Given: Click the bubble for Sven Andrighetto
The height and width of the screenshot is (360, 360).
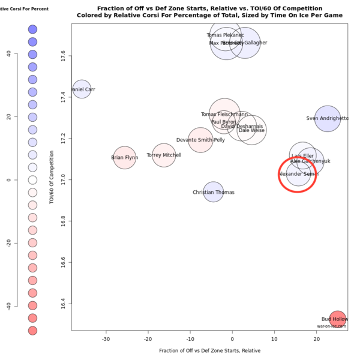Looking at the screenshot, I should [328, 119].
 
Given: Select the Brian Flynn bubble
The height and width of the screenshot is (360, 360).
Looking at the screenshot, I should [124, 158].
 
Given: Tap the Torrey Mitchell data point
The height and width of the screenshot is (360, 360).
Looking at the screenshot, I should [164, 155].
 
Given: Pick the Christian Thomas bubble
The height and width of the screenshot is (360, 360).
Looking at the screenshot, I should [213, 193].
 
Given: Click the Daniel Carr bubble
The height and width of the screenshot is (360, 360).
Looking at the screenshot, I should [82, 90].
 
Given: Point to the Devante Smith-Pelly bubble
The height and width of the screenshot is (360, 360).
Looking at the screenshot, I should [201, 140].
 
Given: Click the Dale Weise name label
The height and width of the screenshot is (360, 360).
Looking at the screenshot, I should [251, 130].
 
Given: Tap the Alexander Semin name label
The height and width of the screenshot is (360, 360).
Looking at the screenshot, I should [298, 174].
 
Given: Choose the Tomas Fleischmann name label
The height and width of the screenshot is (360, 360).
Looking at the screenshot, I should [224, 115].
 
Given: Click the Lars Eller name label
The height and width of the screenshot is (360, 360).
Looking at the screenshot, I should [302, 156].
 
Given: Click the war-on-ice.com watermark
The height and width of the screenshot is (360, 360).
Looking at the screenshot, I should [332, 326].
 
